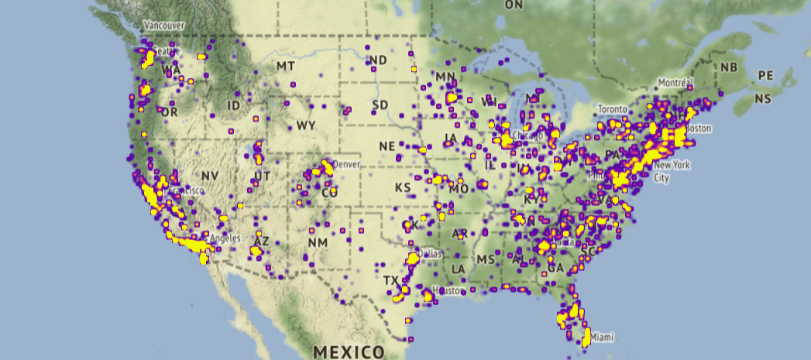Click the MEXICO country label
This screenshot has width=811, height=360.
click(348, 351)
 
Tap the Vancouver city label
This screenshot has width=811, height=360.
click(163, 26)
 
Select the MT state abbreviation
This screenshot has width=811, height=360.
click(286, 67)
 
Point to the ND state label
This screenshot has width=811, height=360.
click(378, 60)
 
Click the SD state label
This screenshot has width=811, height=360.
click(380, 105)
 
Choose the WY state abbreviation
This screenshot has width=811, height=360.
click(305, 125)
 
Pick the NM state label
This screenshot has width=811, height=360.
click(318, 242)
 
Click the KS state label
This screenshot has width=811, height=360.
click(403, 187)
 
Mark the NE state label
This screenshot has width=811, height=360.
click(387, 146)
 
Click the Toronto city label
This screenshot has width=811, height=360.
click(611, 110)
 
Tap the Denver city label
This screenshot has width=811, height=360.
click(346, 164)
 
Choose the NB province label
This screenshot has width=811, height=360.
click(728, 67)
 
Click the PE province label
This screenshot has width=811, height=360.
click(765, 75)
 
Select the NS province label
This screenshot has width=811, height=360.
click(763, 98)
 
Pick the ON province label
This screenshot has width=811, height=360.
click(514, 5)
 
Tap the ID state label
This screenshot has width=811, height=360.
click(233, 105)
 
